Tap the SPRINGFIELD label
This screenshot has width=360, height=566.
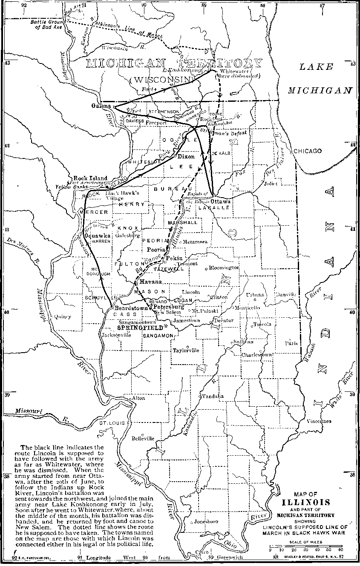tap(141, 328)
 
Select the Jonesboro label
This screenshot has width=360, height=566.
tap(206, 521)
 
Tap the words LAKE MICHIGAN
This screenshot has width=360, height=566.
tap(320, 78)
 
